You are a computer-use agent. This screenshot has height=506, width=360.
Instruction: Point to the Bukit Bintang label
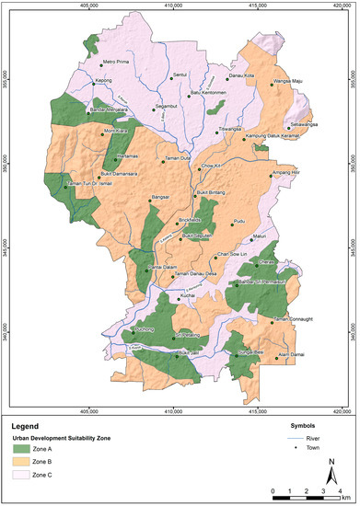click(211, 194)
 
